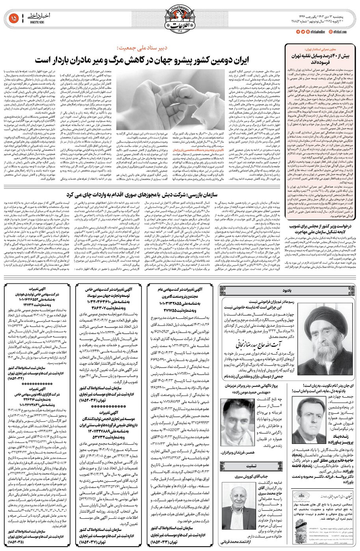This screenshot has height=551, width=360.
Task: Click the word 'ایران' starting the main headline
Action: [262, 60]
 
